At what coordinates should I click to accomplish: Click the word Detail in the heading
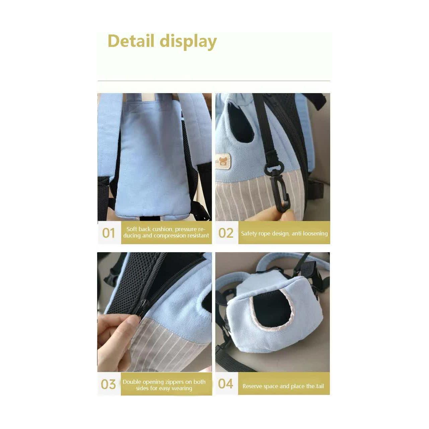tap(131, 41)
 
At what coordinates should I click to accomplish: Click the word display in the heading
tap(188, 42)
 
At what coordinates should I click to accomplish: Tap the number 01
tap(109, 233)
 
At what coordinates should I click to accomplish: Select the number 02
tap(226, 233)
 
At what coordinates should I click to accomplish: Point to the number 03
tap(109, 384)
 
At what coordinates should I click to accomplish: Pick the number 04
tap(225, 383)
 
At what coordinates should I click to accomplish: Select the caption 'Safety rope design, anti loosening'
tap(284, 233)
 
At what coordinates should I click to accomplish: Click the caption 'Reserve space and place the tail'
tap(283, 386)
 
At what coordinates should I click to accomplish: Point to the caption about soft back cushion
tap(166, 232)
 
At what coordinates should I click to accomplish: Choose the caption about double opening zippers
tap(164, 385)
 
